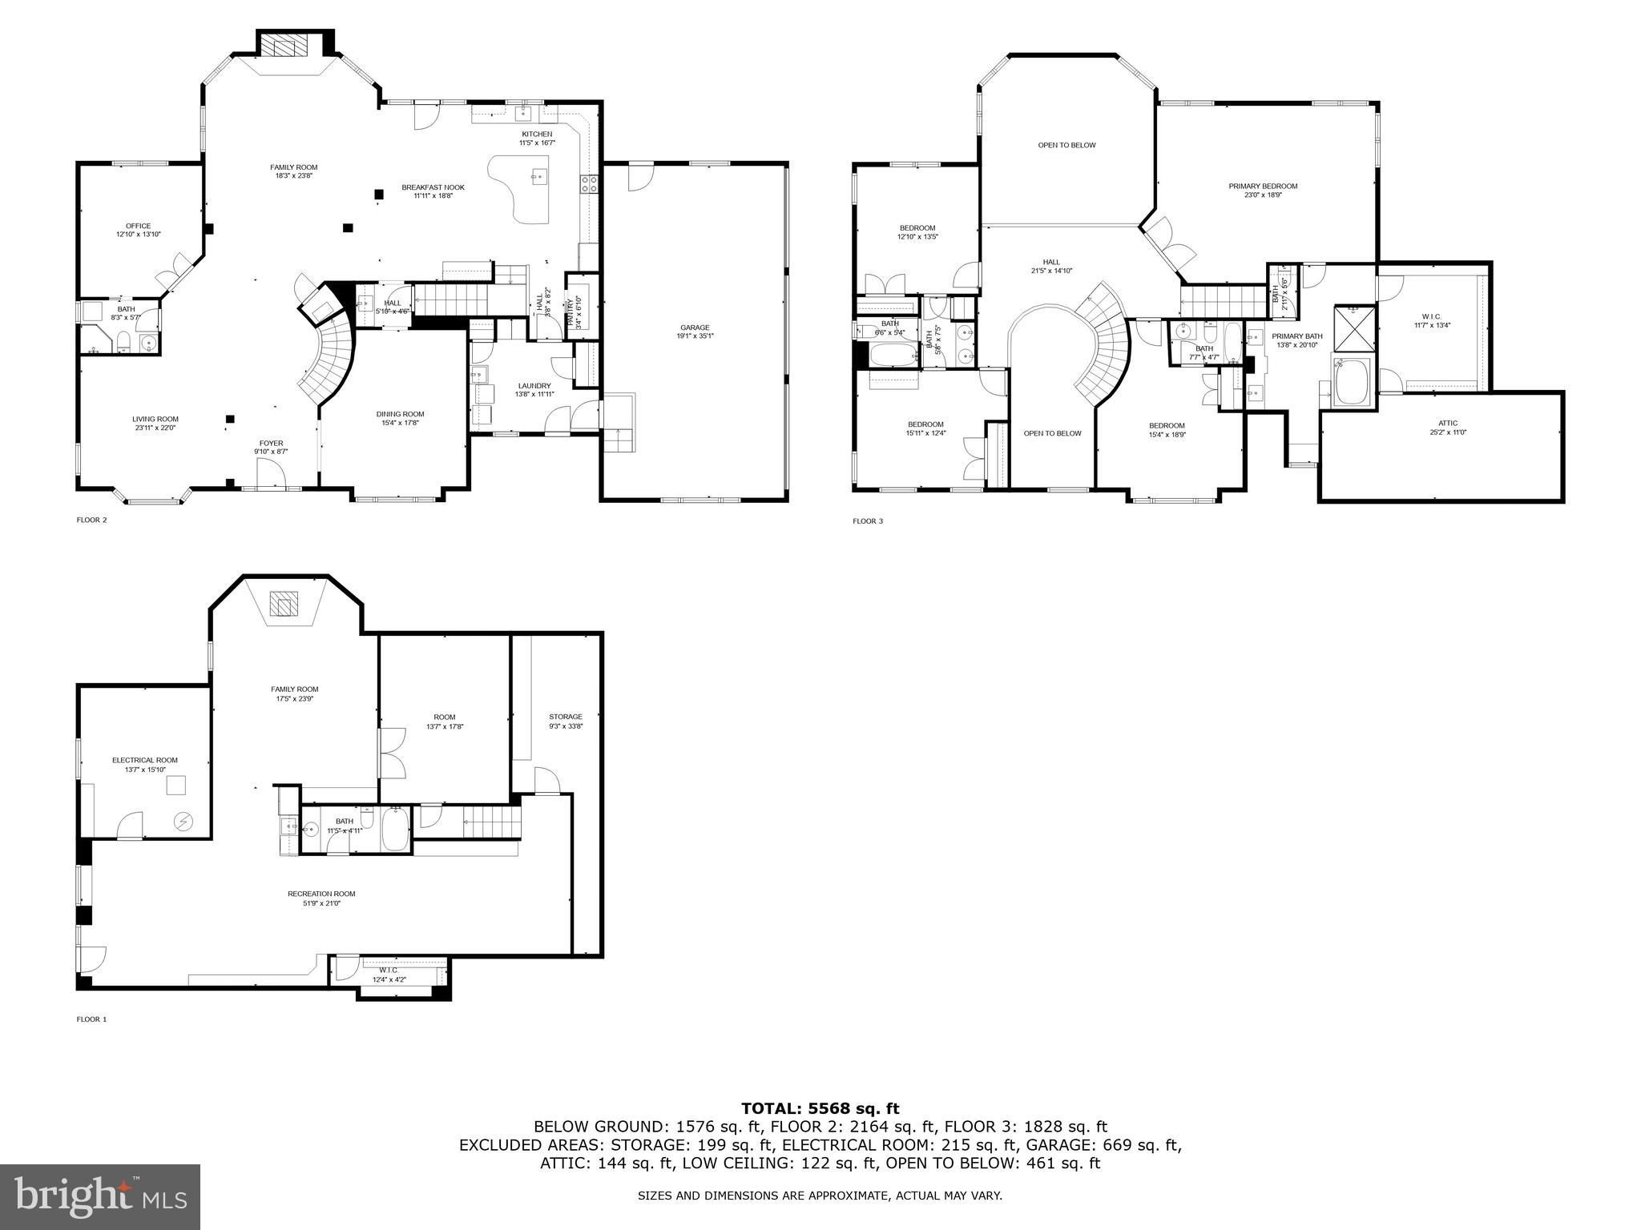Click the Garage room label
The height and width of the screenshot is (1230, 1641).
point(695,328)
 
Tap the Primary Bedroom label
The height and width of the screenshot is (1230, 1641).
point(1263,187)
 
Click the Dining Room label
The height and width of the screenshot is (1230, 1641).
point(400,414)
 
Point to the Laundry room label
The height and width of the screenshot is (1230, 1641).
point(534,386)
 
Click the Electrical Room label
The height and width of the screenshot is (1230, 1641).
point(145,760)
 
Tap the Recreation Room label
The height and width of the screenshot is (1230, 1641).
point(321,894)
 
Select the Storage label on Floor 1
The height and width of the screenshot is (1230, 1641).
point(565,717)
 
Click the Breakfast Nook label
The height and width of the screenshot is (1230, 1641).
point(433,187)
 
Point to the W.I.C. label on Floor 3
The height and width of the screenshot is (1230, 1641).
point(1431,316)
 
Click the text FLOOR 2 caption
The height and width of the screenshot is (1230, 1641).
point(91,520)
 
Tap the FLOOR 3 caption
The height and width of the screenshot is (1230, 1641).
point(868,521)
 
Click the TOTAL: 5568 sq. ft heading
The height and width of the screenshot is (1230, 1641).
point(820,1108)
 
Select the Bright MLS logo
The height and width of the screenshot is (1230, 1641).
point(100,1196)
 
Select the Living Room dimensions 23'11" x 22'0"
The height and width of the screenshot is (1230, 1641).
point(155,428)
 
